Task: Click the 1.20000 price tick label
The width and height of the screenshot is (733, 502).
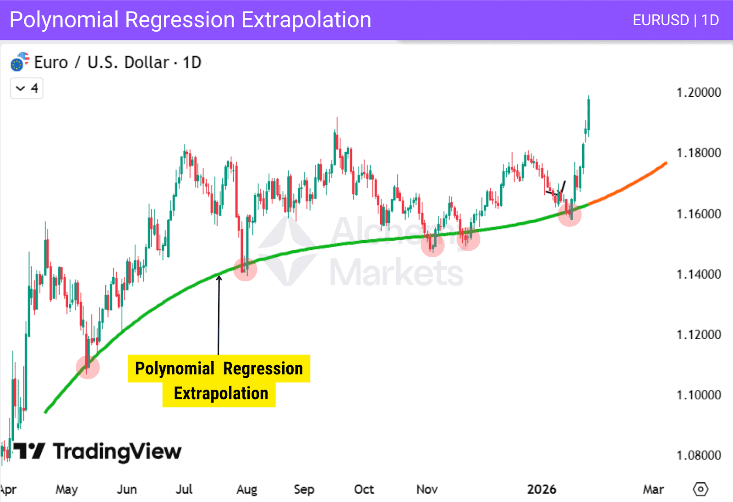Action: pos(698,93)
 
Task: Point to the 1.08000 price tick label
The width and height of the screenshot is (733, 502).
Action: pos(698,455)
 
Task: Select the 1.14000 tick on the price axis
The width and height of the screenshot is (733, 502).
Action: pos(698,274)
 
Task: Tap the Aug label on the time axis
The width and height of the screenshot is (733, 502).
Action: pos(246,490)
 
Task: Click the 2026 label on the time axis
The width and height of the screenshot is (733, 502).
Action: pos(541,490)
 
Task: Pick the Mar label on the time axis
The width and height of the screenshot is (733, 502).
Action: pos(653,490)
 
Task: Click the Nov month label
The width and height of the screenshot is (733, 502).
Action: pos(427,490)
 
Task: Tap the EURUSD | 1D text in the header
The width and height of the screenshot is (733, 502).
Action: pos(675,20)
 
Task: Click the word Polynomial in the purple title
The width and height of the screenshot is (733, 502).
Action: pos(64,20)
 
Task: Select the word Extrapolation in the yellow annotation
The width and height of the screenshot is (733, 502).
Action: pos(221,394)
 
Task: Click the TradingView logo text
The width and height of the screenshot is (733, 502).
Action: pos(117,452)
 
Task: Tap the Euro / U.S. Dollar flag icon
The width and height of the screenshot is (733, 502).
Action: pos(19,62)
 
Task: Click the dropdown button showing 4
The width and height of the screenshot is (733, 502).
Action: pos(27,88)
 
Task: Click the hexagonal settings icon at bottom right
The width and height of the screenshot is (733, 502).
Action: pos(700,489)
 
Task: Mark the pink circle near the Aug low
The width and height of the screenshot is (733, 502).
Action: pos(245,269)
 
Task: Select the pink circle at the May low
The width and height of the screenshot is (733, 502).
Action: pos(88,367)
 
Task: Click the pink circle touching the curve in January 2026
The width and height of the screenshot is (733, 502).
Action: pos(569,214)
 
